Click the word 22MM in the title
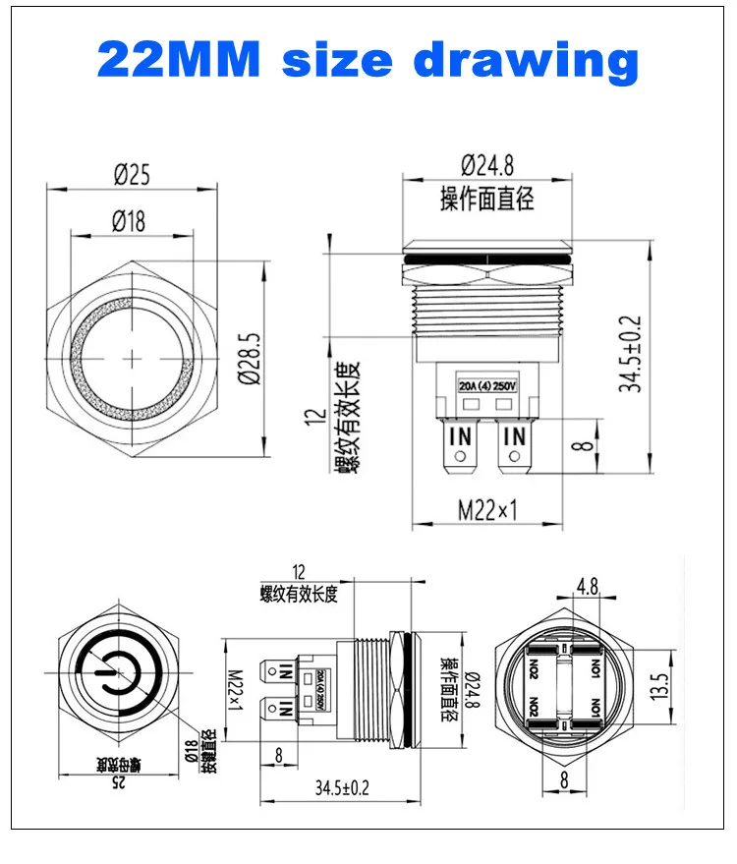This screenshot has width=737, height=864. pos(181,59)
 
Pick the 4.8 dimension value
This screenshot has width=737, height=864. pos(587,587)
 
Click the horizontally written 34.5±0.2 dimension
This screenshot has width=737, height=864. pos(347,786)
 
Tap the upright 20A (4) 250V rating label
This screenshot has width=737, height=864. pos(486,383)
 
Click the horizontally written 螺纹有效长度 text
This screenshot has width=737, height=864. pos(299,593)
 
